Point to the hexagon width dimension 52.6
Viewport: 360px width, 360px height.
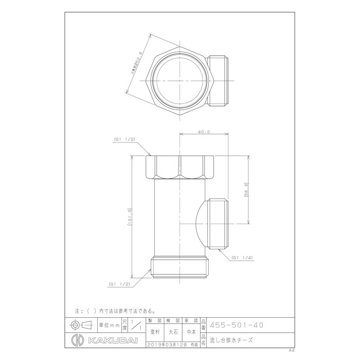[135, 67]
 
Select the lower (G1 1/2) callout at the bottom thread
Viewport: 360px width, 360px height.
[119, 284]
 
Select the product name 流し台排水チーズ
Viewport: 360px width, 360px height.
[231, 340]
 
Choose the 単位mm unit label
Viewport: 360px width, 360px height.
[109, 324]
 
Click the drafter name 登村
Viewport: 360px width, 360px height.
[154, 332]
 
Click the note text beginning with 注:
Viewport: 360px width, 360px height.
[116, 310]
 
